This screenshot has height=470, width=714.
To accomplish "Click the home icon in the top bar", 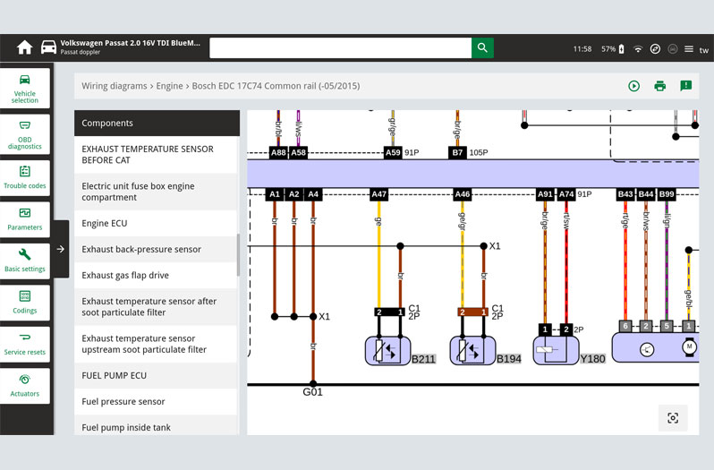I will (24, 47).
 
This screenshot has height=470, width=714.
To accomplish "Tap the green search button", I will (482, 47).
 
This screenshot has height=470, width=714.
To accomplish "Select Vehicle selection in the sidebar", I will (25, 88).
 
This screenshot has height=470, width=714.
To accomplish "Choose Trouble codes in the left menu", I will (25, 176).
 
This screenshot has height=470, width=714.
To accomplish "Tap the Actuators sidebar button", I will (25, 385).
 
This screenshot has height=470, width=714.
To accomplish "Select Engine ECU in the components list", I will (156, 223).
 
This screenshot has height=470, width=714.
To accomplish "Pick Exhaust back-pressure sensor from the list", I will (156, 249).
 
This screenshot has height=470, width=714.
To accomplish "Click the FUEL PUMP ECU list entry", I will (156, 375).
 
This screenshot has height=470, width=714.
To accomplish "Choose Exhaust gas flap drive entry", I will (156, 275).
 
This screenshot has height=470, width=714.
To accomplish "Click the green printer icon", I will (659, 86).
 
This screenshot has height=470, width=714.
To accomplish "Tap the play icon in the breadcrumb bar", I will (633, 86).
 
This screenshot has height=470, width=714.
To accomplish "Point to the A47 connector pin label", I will (379, 194).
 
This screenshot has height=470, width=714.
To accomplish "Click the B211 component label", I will (423, 360).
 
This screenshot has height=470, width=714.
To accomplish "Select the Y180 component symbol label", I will (593, 360).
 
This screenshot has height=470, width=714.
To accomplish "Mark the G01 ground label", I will (312, 392).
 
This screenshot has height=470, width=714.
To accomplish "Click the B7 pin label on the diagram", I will (457, 153).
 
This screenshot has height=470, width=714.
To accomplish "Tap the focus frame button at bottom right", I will (673, 417).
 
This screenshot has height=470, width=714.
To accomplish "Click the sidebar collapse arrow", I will (61, 249).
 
